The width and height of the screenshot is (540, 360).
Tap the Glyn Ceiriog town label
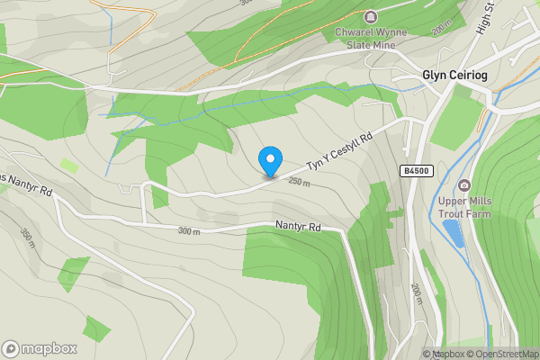click(454, 76)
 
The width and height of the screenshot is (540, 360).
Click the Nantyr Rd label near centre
click(298, 228)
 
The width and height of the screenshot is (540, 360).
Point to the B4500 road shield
click(415, 169)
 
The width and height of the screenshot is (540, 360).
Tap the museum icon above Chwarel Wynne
click(370, 16)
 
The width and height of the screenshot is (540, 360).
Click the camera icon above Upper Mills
click(463, 184)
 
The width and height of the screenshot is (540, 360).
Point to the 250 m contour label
click(300, 182)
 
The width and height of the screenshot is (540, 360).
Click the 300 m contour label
click(188, 231)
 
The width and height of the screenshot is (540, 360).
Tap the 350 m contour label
click(26, 239)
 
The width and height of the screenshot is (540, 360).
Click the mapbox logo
click(40, 348)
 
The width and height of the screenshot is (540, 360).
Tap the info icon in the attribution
click(427, 354)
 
